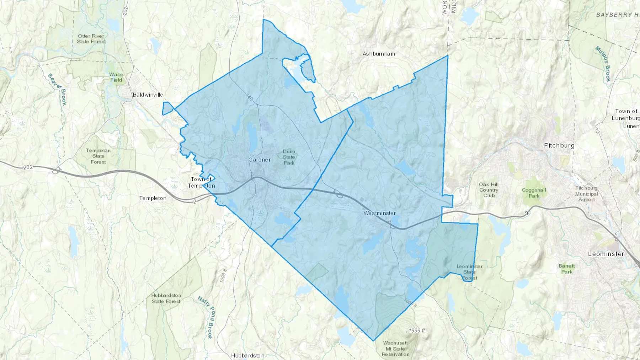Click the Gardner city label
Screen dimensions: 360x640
[x=259, y=160]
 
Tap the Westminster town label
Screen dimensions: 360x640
[x=379, y=213]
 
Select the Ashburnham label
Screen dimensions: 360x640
[x=379, y=54]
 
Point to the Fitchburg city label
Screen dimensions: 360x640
[x=559, y=145]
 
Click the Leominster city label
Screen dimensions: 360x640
[x=606, y=254]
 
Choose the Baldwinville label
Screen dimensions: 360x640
[x=148, y=95]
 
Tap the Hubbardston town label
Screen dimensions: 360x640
[x=247, y=355]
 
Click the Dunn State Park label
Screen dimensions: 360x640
[x=289, y=157]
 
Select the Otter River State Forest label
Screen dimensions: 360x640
[x=91, y=39]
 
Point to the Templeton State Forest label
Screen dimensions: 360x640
[x=98, y=156]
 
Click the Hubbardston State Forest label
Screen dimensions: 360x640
[x=166, y=298]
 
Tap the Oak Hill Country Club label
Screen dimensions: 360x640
[x=489, y=190]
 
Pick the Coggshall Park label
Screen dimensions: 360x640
[x=534, y=193]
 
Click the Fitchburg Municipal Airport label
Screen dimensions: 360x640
[x=586, y=194]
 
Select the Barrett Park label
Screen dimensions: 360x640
[x=567, y=269]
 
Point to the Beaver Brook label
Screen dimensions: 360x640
[x=57, y=89]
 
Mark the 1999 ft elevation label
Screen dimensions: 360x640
[x=416, y=331]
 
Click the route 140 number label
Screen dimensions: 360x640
[x=249, y=97]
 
